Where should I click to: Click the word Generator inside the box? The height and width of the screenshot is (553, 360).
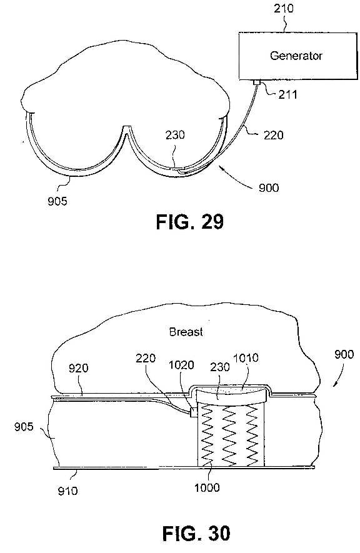(296, 56)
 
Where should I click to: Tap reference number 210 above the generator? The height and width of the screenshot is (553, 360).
(284, 8)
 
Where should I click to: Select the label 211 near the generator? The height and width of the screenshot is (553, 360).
(287, 94)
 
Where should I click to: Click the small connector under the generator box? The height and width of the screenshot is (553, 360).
(257, 82)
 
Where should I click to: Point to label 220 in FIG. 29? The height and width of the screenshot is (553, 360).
(273, 135)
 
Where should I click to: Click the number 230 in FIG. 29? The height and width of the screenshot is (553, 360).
(175, 135)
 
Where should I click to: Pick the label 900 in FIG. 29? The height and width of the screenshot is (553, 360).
(269, 187)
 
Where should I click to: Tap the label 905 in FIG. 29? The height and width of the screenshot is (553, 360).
(57, 201)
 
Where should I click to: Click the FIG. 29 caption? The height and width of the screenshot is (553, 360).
(190, 222)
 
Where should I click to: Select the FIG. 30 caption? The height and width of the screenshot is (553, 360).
(196, 533)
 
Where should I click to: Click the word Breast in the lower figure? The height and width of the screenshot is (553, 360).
(186, 332)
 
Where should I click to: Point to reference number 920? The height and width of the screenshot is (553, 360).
(78, 368)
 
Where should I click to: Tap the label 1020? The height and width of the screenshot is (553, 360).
(181, 365)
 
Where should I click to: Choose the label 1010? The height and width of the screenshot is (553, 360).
(246, 358)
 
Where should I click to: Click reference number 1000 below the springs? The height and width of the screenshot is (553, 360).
(207, 487)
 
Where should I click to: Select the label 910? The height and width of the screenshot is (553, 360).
(67, 491)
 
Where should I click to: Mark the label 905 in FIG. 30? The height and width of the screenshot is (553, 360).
(24, 427)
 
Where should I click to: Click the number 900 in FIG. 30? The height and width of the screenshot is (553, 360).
(344, 354)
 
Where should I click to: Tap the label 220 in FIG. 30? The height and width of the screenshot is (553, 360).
(146, 358)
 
